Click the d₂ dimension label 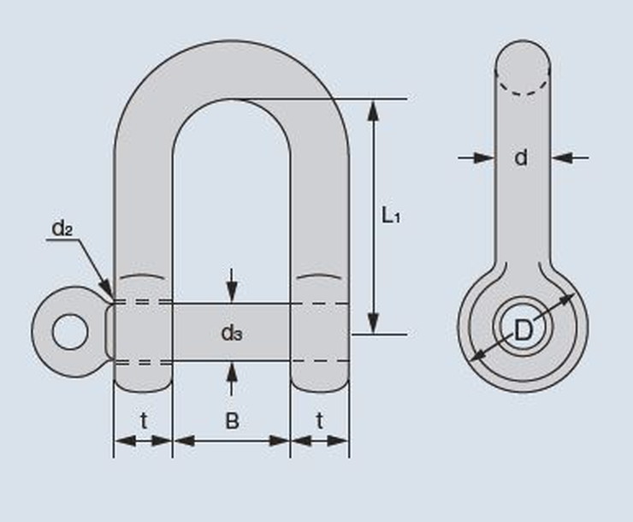(x=62, y=228)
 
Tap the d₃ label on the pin (x=232, y=333)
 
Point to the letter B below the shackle (x=232, y=421)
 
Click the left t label (x=144, y=421)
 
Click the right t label (x=320, y=421)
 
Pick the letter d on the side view (x=521, y=157)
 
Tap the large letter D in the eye (x=524, y=330)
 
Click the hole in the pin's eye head (x=70, y=332)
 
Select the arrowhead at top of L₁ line (x=374, y=110)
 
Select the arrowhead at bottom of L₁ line (x=374, y=323)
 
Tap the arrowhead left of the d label (x=484, y=157)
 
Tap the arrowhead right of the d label (x=561, y=157)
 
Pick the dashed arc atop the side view (x=523, y=84)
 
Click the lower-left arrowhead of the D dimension (x=479, y=354)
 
